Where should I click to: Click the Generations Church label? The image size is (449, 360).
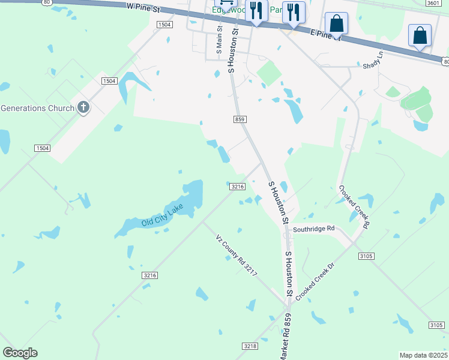pyautogui.click(x=37, y=108)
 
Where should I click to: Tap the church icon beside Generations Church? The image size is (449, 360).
pyautogui.click(x=83, y=108)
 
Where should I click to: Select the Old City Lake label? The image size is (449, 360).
pyautogui.click(x=162, y=217)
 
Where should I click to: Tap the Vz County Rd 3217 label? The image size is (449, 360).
pyautogui.click(x=237, y=255)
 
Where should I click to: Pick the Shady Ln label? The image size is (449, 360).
pyautogui.click(x=372, y=62)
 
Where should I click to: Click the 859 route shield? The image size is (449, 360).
pyautogui.click(x=240, y=119)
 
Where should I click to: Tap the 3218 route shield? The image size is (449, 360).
pyautogui.click(x=250, y=346)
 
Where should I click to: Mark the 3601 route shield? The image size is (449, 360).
pyautogui.click(x=433, y=3)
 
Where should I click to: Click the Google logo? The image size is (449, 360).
pyautogui.click(x=20, y=353)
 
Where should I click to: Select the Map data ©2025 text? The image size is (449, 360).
pyautogui.click(x=424, y=355)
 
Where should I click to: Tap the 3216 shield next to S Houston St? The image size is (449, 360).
pyautogui.click(x=237, y=187)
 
